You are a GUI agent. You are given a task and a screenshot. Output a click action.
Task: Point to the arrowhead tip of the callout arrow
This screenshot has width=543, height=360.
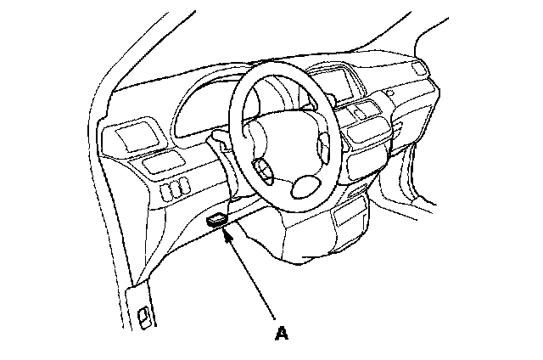pyautogui.click(x=224, y=230)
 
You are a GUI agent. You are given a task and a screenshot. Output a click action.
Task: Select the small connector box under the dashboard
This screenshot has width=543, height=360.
pyautogui.click(x=217, y=220)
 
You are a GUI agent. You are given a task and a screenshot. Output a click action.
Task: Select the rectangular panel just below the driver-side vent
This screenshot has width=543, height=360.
pyautogui.click(x=160, y=165)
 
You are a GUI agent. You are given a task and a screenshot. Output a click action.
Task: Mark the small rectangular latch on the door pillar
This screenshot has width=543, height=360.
pyautogui.click(x=145, y=320)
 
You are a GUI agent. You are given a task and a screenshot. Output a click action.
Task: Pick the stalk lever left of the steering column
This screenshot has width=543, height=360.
pyautogui.click(x=219, y=138)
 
